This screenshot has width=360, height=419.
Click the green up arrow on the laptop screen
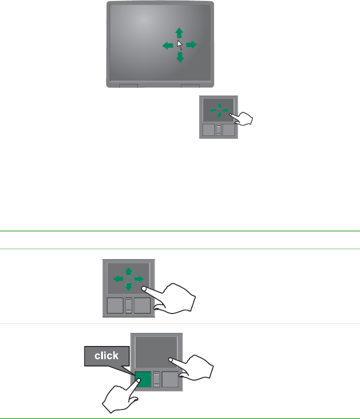180,33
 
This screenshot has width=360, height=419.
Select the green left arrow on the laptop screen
168,45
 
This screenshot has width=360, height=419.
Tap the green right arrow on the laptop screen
191,44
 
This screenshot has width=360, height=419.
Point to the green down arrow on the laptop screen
180,57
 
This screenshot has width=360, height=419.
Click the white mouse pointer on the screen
180,45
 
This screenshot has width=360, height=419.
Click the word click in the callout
107,356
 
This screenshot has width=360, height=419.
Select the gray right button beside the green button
170,379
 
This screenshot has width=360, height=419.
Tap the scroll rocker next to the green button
156,379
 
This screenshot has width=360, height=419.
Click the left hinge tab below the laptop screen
128,86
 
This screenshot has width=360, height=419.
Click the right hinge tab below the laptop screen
190,86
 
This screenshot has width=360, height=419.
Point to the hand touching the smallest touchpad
243,120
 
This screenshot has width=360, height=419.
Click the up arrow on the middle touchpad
128,271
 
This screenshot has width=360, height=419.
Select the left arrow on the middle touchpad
117,279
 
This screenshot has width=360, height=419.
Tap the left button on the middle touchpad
114,306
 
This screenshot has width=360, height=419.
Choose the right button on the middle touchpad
142,306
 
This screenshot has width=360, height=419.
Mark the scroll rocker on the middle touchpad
129,306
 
